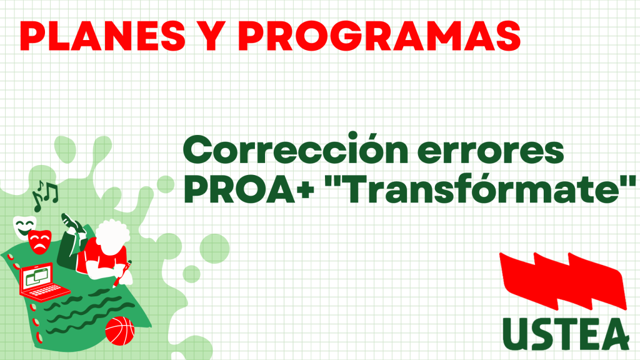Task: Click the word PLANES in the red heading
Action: point(102,36)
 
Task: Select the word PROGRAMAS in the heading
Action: point(379,36)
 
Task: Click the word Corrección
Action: point(296,149)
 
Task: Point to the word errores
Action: point(491,151)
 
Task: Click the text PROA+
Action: point(249,189)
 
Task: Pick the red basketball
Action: point(119,331)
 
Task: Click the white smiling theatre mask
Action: point(24,227)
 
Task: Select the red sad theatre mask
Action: point(40,242)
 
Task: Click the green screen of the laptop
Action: point(37,276)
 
